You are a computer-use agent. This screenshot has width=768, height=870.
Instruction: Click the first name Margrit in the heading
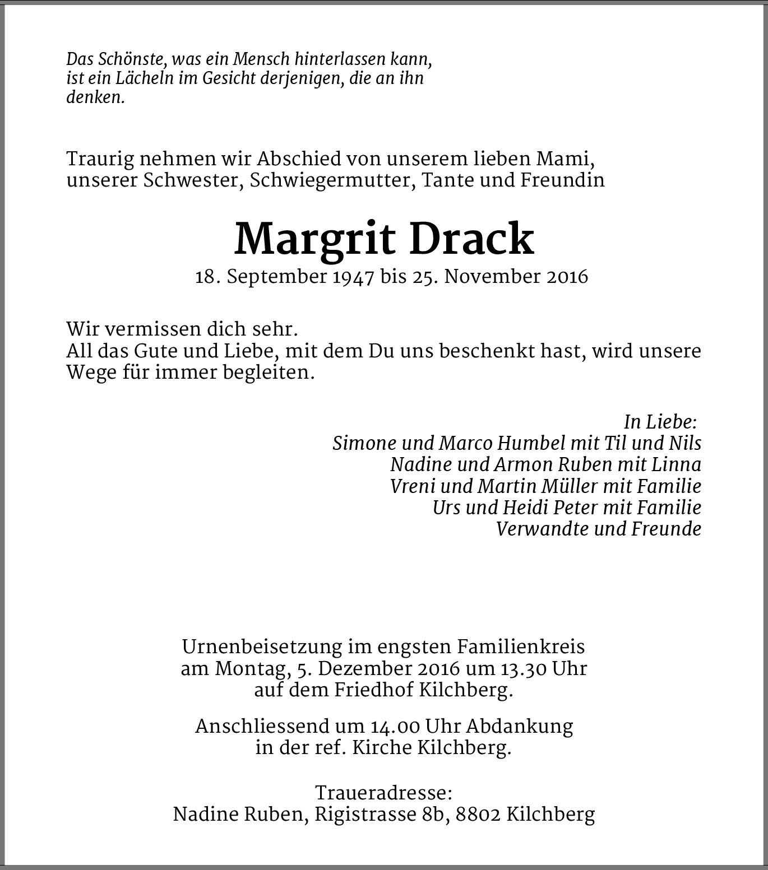click(x=315, y=240)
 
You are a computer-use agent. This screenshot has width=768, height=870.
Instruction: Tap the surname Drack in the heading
click(x=471, y=240)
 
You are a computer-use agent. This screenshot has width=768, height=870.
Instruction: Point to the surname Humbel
click(x=531, y=443)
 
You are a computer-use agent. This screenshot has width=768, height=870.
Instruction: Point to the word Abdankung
click(x=520, y=727)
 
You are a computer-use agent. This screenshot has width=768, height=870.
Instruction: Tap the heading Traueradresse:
click(x=383, y=793)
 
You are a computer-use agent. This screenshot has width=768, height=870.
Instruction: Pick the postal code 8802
click(x=478, y=815)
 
